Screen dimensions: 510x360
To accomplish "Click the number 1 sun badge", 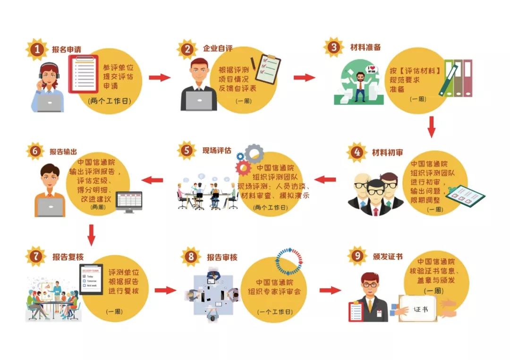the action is (37, 50).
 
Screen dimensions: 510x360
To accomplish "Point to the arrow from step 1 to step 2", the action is (159, 77).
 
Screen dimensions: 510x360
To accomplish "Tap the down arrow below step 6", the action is (92, 234).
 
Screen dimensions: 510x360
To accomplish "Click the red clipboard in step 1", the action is (84, 74).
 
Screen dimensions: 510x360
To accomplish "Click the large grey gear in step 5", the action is (255, 154).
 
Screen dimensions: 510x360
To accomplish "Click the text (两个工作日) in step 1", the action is (109, 100).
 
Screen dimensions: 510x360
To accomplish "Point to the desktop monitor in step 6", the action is (129, 201).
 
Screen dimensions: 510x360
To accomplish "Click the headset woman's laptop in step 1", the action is (50, 102).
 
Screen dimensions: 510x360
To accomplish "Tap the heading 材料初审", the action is (387, 152).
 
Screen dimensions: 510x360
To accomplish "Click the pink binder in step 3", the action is (467, 78).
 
